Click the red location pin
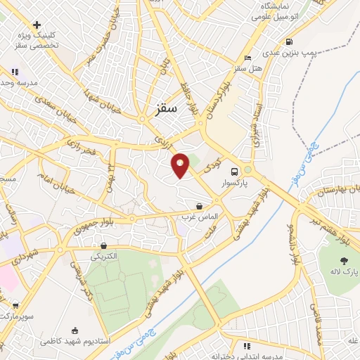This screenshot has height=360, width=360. pos(181,165)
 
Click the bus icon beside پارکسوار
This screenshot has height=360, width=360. pos(233,171)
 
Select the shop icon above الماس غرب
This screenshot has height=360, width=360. pos(200,207)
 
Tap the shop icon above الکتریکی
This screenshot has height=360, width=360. pos(105,246)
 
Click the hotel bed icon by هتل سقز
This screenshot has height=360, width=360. pos(247,58)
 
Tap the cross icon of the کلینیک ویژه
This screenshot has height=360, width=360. pos(37,25)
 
